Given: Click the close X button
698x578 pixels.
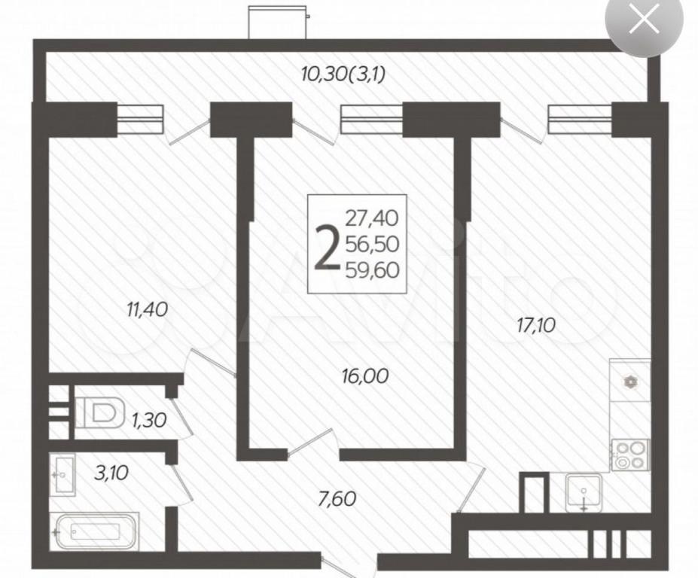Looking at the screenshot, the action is click(644, 20).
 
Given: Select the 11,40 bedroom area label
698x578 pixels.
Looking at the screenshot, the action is click(148, 309).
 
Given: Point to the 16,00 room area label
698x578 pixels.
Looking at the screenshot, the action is click(365, 376).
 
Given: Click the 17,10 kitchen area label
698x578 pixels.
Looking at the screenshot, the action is click(536, 325).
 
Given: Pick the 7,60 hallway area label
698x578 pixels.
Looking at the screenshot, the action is click(337, 498).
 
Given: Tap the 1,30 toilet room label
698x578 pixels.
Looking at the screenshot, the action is click(149, 420).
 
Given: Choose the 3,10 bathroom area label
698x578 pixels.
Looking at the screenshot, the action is click(111, 472).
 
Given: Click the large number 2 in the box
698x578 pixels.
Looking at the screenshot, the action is click(326, 248).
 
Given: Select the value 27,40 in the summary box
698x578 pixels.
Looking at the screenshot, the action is click(372, 218).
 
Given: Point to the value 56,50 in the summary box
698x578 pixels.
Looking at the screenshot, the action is click(372, 244).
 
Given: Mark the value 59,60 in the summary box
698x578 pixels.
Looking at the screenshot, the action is click(372, 269).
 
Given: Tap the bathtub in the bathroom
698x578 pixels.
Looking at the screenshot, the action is click(94, 531).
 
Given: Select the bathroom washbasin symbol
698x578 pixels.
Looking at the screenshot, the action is click(62, 474).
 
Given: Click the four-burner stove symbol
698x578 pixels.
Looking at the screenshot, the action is click(630, 455).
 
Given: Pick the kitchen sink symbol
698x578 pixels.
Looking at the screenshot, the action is click(584, 492).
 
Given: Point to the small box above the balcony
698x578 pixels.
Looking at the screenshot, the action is click(278, 23).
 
